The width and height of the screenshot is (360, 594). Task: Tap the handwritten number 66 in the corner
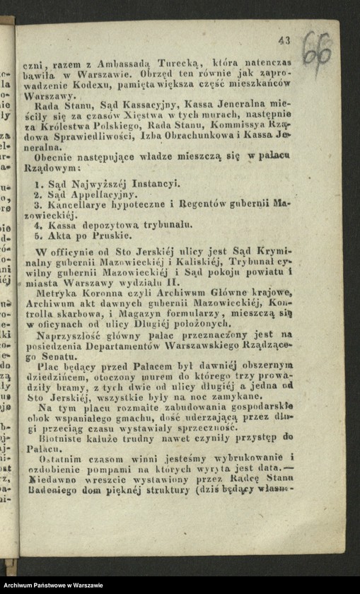point(317,47)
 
